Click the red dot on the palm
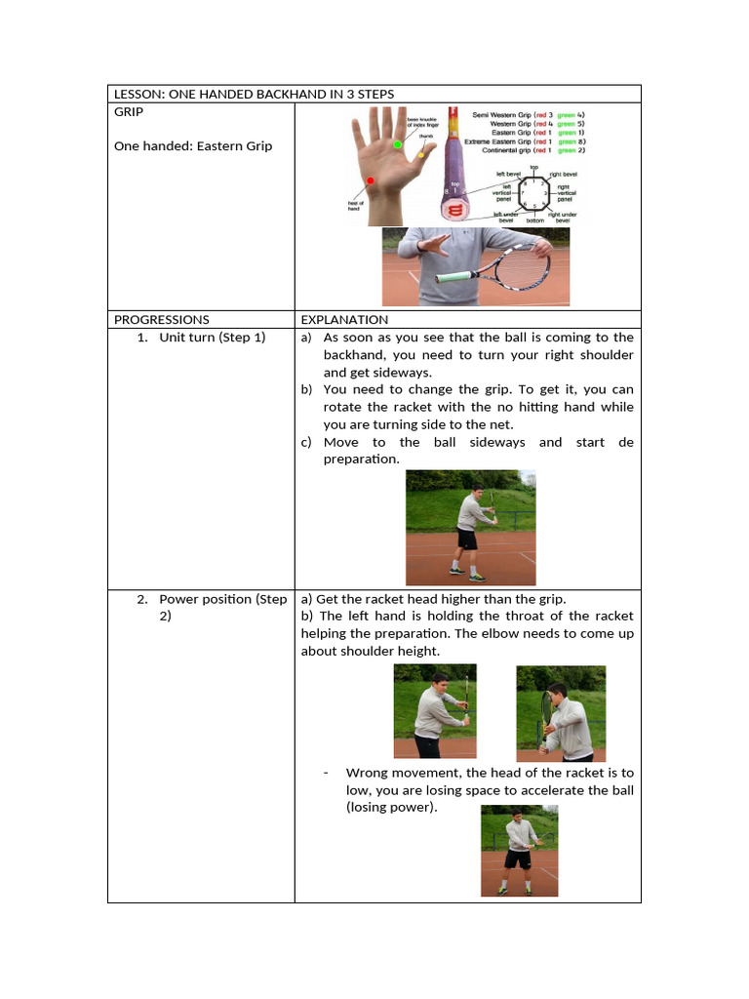tap(371, 180)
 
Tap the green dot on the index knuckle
tap(398, 144)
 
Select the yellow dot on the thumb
tap(420, 154)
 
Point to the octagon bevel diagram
tap(532, 193)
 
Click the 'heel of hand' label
tap(355, 206)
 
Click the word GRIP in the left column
tap(129, 112)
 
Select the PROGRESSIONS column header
tap(162, 319)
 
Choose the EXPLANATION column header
tap(344, 319)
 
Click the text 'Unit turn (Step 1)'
tap(213, 338)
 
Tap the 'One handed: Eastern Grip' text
tap(193, 146)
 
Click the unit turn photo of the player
tap(470, 527)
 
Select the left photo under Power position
tap(436, 711)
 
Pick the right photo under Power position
tap(561, 712)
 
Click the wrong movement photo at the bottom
tap(519, 851)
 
